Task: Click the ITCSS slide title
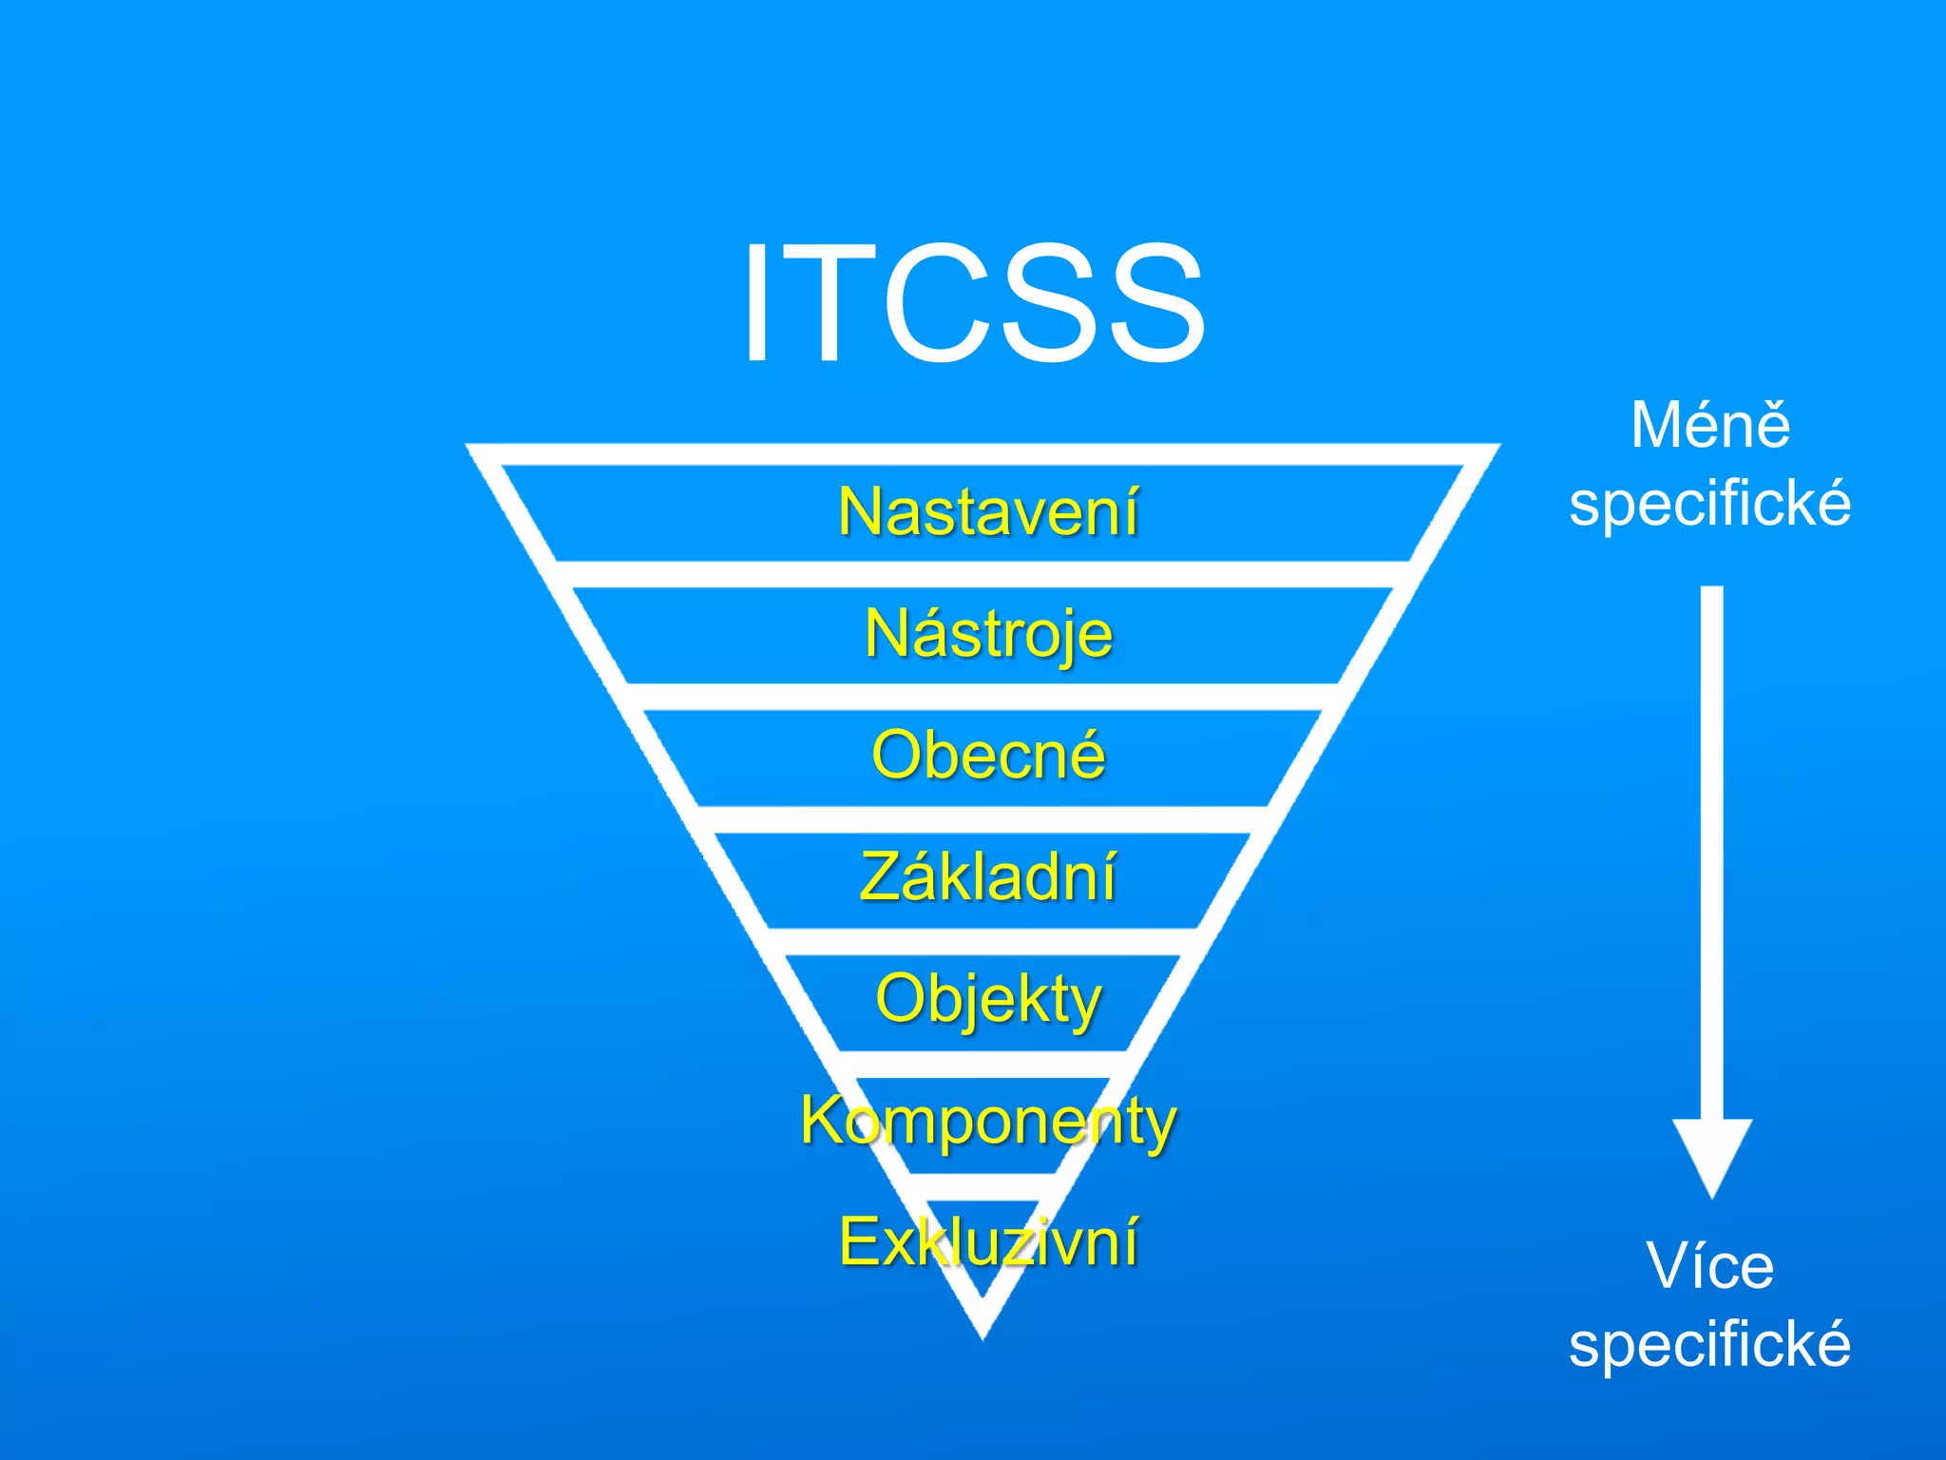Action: [x=973, y=302]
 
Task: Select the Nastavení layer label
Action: [x=988, y=512]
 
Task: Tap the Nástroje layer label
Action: [x=988, y=634]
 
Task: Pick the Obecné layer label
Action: [x=988, y=756]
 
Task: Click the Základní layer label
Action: [x=988, y=876]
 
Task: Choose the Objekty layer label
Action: [x=988, y=999]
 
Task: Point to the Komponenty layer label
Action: [x=988, y=1121]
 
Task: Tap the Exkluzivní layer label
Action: [x=988, y=1241]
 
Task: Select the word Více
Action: [x=1710, y=1266]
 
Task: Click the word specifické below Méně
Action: [x=1710, y=503]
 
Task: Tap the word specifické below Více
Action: [x=1710, y=1344]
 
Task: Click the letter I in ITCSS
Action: [x=756, y=302]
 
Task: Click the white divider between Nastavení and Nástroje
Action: [x=983, y=574]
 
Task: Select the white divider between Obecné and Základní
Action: [x=983, y=818]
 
